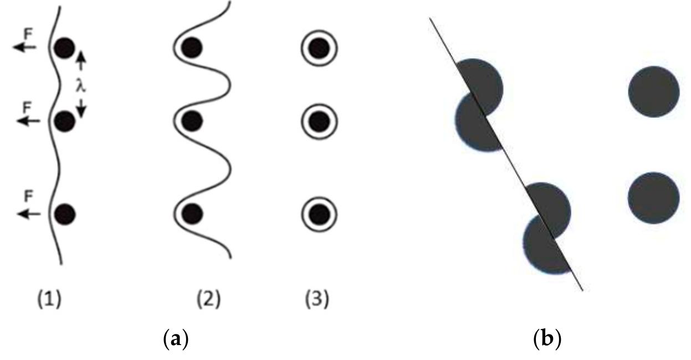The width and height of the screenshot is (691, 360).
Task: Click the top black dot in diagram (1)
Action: [64, 48]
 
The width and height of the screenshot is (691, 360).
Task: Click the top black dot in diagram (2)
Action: [191, 48]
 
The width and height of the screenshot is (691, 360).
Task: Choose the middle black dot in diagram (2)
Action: [191, 120]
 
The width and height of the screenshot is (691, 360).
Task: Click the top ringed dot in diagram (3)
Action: [319, 48]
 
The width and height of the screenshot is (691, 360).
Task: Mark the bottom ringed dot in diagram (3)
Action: [319, 213]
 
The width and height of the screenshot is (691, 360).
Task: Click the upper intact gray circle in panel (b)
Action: [654, 91]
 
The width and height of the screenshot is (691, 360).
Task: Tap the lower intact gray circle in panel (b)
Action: [654, 198]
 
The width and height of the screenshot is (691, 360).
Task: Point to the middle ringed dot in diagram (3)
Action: [319, 120]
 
